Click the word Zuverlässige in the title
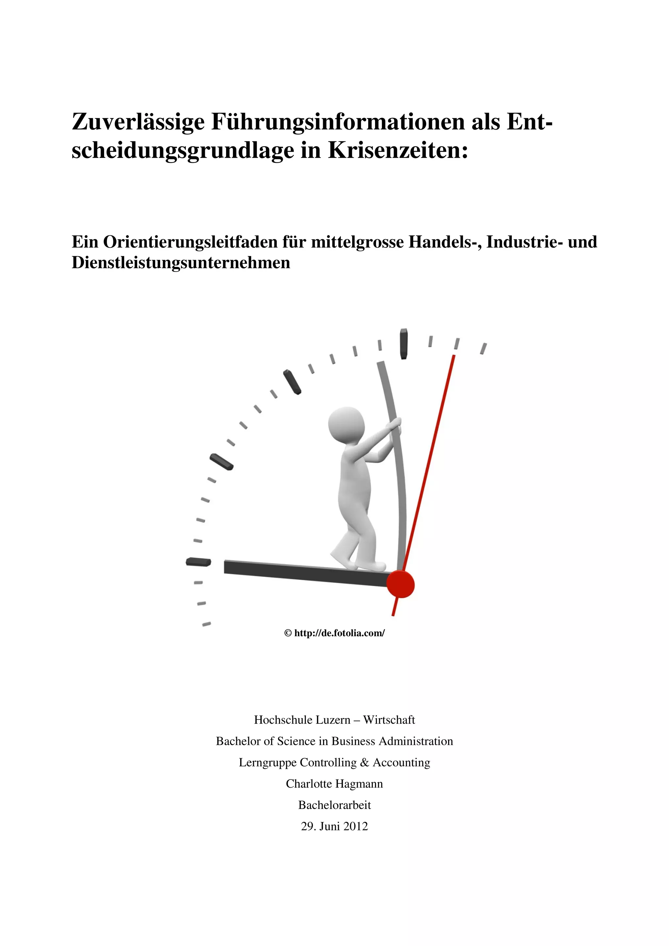(x=138, y=122)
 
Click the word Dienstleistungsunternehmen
(x=181, y=262)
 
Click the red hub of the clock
(x=400, y=584)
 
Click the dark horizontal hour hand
(x=305, y=573)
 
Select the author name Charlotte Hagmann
(x=334, y=784)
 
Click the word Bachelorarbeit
(x=334, y=805)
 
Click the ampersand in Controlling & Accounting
(x=364, y=763)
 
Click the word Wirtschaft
(x=389, y=720)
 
